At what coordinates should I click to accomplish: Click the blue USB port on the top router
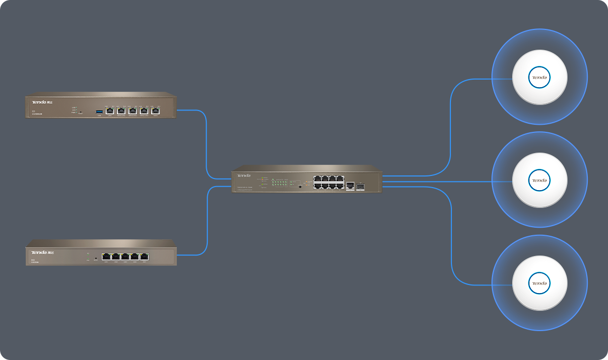coord(99,111)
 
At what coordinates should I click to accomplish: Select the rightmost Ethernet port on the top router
coord(156,111)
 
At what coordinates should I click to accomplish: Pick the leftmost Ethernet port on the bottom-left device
coord(106,257)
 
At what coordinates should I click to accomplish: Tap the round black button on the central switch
coord(300,187)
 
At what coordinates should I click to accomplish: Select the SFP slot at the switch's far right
coord(360,186)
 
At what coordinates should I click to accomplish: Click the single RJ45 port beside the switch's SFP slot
coord(350,186)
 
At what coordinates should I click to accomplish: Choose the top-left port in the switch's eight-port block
coord(317,179)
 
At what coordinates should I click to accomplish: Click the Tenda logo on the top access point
coord(540,78)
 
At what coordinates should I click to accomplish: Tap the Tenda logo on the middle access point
coord(540,180)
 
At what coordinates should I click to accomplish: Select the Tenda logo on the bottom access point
coord(540,283)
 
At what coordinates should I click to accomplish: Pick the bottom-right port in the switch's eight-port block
coord(339,186)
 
